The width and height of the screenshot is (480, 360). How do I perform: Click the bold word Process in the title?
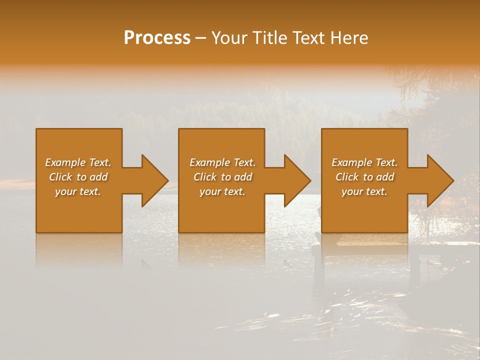coord(157,37)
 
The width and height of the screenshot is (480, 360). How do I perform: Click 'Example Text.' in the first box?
coord(78,162)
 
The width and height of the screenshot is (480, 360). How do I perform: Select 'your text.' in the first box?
coord(78,191)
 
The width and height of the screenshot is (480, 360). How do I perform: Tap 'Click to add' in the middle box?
coord(222,177)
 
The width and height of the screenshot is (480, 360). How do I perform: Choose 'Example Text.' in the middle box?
coord(222,162)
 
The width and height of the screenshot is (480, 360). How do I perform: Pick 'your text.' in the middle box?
coord(222,191)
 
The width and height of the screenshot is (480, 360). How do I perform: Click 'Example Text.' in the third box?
coord(364,162)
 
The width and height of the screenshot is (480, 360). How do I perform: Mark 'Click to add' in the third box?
coord(364,177)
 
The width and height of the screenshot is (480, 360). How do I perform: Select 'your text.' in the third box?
coord(364,191)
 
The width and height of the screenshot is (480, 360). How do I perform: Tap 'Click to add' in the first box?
coord(78,177)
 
